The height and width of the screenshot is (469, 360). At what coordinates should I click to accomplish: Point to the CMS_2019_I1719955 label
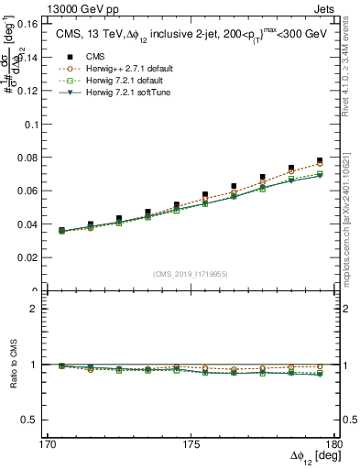point(191,273)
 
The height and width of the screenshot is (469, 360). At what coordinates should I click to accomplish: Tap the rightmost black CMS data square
point(320,160)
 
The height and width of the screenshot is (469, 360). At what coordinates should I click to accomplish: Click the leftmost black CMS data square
point(61,231)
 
